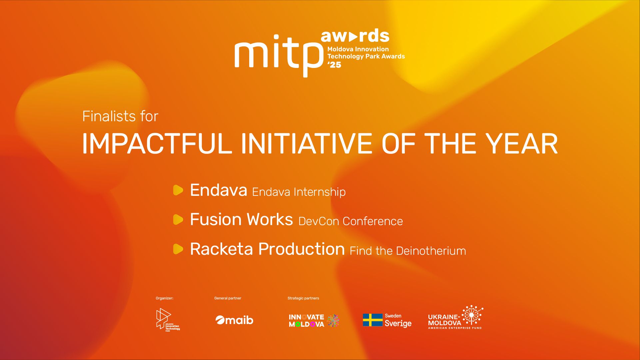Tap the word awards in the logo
pyautogui.click(x=355, y=36)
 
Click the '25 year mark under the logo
pyautogui.click(x=334, y=65)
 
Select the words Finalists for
pyautogui.click(x=120, y=116)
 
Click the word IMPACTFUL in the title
pyautogui.click(x=157, y=144)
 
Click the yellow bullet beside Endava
pyautogui.click(x=178, y=190)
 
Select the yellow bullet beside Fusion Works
pyautogui.click(x=178, y=219)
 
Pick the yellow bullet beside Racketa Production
pyautogui.click(x=178, y=249)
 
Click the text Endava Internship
pyautogui.click(x=299, y=192)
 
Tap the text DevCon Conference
pyautogui.click(x=350, y=221)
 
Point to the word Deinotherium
pyautogui.click(x=431, y=251)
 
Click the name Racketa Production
pyautogui.click(x=267, y=249)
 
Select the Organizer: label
pyautogui.click(x=165, y=298)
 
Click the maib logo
pyautogui.click(x=234, y=320)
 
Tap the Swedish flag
pyautogui.click(x=372, y=320)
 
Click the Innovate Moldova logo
pyautogui.click(x=314, y=320)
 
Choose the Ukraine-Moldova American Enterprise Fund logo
pyautogui.click(x=455, y=317)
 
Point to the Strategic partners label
pyautogui.click(x=303, y=298)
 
